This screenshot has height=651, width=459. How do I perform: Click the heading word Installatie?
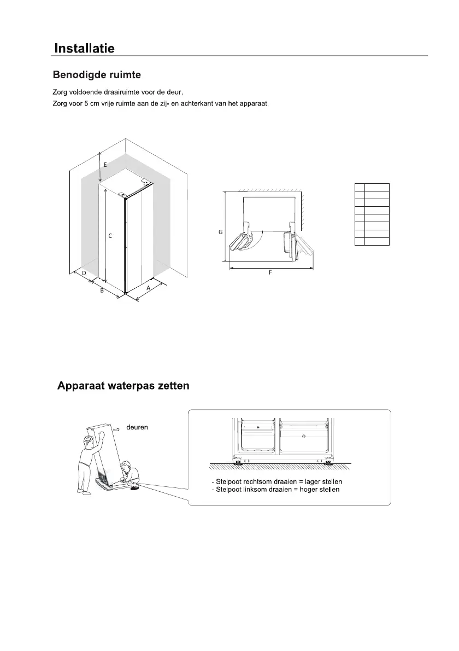click(x=84, y=48)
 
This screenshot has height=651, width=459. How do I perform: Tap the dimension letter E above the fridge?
click(x=105, y=164)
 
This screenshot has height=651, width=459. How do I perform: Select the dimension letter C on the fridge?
click(x=110, y=236)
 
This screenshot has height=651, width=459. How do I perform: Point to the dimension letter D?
click(x=84, y=272)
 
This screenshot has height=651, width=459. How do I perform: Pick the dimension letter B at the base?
click(x=102, y=291)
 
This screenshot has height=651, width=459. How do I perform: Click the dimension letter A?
click(x=148, y=287)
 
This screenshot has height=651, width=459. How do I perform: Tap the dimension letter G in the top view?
click(x=220, y=232)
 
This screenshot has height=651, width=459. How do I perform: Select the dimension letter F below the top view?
click(x=270, y=272)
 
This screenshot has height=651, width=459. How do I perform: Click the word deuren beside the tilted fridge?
click(x=137, y=427)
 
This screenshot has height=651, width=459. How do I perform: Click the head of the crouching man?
click(x=127, y=466)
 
